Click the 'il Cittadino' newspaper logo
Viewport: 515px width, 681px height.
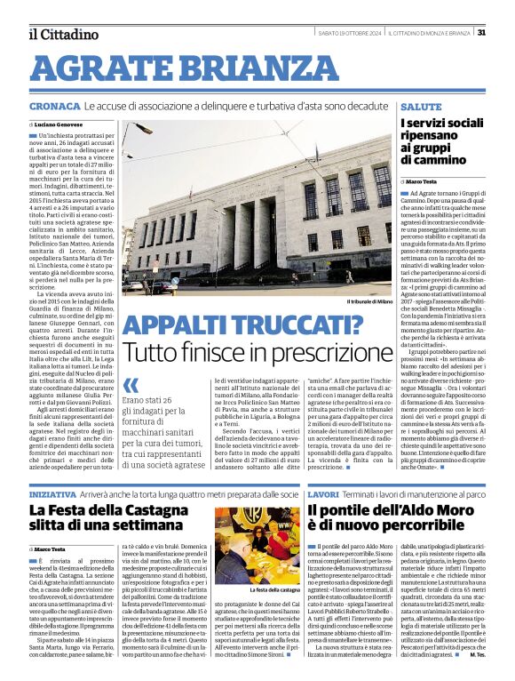pyautogui.click(x=63, y=34)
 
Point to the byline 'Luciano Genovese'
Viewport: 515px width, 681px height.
pyautogui.click(x=61, y=124)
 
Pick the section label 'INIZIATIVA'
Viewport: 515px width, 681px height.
pyautogui.click(x=52, y=493)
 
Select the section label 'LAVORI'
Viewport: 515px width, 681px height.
pyautogui.click(x=323, y=493)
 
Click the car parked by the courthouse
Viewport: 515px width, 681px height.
pyautogui.click(x=134, y=287)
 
